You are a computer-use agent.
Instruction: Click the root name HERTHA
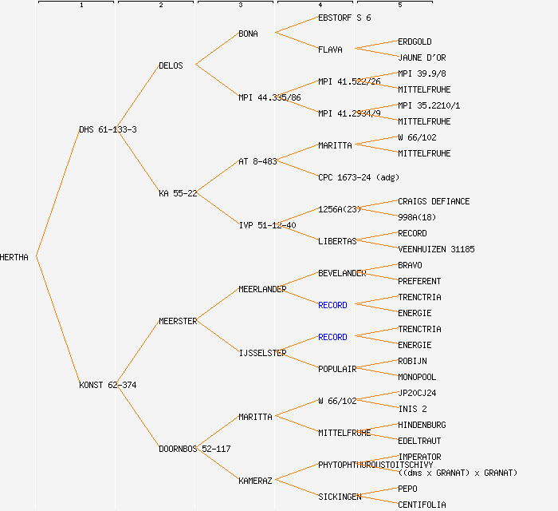pyautogui.click(x=15, y=257)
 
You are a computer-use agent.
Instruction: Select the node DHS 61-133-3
pyautogui.click(x=108, y=129)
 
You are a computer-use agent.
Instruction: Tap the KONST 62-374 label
pyautogui.click(x=108, y=385)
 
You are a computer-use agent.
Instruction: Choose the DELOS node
pyautogui.click(x=171, y=65)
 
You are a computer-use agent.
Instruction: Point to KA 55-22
pyautogui.click(x=178, y=193)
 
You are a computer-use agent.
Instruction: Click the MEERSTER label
pyautogui.click(x=178, y=321)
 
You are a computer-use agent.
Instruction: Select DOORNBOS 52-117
pyautogui.click(x=195, y=449)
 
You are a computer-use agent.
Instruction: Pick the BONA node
pyautogui.click(x=248, y=34)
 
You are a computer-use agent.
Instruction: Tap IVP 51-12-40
pyautogui.click(x=267, y=225)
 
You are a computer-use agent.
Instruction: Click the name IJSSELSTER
pyautogui.click(x=262, y=353)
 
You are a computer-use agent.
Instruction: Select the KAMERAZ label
pyautogui.click(x=255, y=481)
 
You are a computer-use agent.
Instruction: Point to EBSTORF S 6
pyautogui.click(x=344, y=18)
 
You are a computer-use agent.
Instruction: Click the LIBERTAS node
pyautogui.click(x=337, y=241)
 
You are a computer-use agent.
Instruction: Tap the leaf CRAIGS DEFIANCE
pyautogui.click(x=434, y=201)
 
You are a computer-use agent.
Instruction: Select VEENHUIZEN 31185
pyautogui.click(x=436, y=249)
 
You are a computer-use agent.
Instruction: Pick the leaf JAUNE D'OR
pyautogui.click(x=422, y=57)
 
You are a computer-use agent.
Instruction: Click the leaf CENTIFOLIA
pyautogui.click(x=422, y=505)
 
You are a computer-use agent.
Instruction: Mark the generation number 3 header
pyautogui.click(x=240, y=6)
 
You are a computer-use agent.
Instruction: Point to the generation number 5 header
pyautogui.click(x=399, y=6)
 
